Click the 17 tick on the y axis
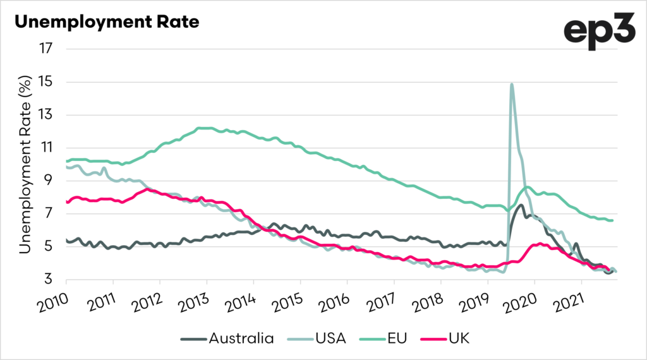[49, 49]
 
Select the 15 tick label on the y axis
[49, 82]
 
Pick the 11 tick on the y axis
[49, 148]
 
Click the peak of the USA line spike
[511, 84]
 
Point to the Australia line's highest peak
[521, 205]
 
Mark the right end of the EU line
[613, 220]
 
